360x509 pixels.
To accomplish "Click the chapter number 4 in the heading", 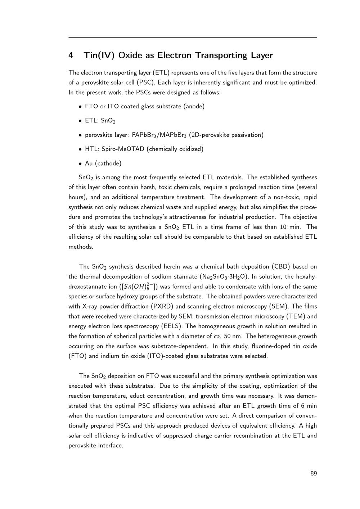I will [x=71, y=55].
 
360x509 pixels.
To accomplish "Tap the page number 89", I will [x=314, y=473].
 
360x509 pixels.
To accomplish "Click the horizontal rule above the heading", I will [x=193, y=37].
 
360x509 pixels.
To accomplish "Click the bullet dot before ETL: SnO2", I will [x=80, y=121].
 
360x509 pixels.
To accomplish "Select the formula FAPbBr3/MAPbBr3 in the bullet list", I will [x=159, y=135].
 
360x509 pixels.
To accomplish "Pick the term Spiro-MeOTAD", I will [x=123, y=149].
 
